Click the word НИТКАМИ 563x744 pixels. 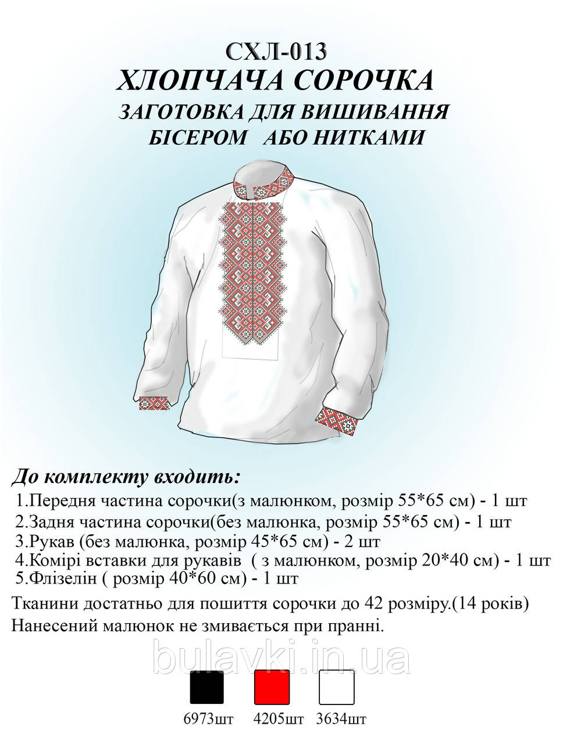pyautogui.click(x=367, y=137)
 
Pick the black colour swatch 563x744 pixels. pyautogui.click(x=207, y=687)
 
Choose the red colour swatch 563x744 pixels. pyautogui.click(x=272, y=687)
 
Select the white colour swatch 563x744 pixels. pyautogui.click(x=336, y=687)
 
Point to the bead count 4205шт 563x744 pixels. pyautogui.click(x=279, y=720)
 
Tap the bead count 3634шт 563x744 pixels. pyautogui.click(x=343, y=720)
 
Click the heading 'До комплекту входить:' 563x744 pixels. pyautogui.click(x=125, y=478)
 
